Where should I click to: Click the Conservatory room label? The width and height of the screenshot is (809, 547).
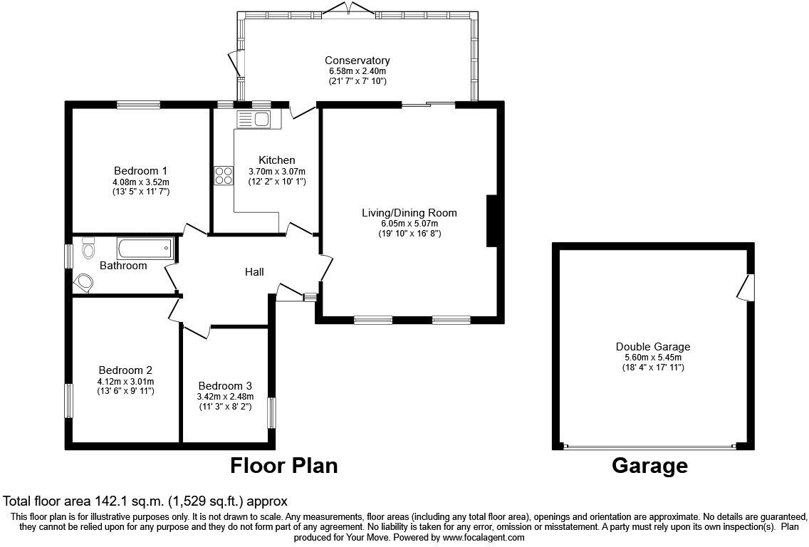[357, 61]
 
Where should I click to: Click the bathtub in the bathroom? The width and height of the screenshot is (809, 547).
[145, 249]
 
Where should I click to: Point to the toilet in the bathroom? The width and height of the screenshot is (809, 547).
[88, 249]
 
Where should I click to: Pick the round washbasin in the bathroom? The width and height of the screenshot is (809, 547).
[84, 282]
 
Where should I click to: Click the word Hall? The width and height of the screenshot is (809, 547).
[254, 272]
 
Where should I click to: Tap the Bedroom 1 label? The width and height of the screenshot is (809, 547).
[140, 171]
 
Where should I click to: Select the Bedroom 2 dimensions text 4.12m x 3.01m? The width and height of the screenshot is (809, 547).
[125, 382]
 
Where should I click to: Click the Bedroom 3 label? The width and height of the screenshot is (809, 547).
[225, 385]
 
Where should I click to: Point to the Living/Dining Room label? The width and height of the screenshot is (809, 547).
[409, 213]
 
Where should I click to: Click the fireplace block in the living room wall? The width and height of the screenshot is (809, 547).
[491, 221]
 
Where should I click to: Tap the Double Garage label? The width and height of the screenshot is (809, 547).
[653, 347]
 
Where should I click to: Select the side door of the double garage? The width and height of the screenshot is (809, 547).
[746, 288]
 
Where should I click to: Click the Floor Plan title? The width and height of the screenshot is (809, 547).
[283, 466]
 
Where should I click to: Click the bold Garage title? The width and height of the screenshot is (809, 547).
[649, 466]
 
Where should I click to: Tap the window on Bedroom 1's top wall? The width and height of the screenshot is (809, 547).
[139, 105]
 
